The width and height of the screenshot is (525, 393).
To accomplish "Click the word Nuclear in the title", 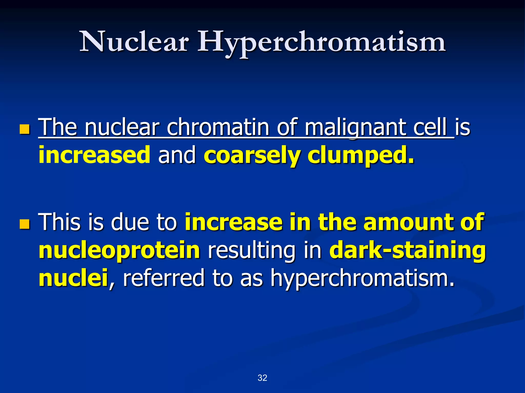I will point(134,42).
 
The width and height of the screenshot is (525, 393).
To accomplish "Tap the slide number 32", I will point(262,378).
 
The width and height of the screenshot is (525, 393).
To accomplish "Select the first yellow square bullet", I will point(25,129).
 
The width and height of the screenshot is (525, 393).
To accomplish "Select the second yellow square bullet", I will point(25,224).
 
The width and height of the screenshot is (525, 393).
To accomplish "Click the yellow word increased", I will point(94,155).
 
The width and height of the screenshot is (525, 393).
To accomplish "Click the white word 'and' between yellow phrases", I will point(177,155).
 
